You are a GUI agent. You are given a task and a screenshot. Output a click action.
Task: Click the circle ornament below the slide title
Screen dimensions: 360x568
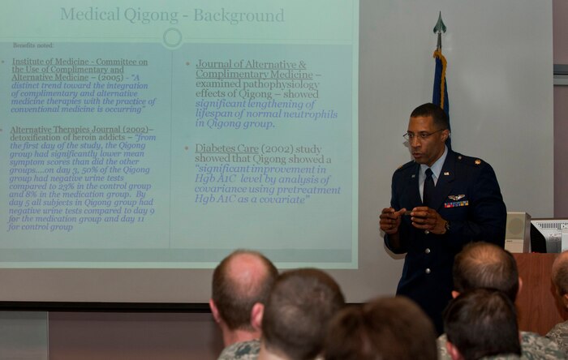[x=172, y=37]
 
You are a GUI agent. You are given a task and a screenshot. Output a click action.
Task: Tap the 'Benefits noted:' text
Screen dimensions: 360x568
[x=33, y=45]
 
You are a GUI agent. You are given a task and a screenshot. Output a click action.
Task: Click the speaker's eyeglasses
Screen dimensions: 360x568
[x=424, y=134]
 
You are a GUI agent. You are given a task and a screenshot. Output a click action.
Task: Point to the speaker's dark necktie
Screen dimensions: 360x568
[x=428, y=186]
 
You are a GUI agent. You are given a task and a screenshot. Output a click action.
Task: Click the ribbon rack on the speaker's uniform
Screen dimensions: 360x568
[x=456, y=204]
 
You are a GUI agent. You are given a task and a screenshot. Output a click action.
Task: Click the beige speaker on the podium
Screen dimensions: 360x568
[x=517, y=232]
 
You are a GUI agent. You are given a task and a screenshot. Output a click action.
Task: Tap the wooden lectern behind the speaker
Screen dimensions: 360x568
[x=537, y=292]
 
